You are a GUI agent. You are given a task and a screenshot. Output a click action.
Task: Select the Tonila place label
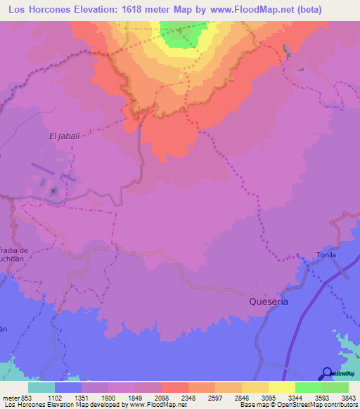click(326, 254)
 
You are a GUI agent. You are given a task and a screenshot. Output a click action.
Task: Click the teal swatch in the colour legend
click(41, 387)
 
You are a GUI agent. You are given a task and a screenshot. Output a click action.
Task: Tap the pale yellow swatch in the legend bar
click(281, 387)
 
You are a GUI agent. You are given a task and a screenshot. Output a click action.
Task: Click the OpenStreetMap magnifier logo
click(327, 373)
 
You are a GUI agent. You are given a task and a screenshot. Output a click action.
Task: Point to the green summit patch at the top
click(179, 34)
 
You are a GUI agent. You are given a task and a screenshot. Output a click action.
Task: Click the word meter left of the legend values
click(10, 398)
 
